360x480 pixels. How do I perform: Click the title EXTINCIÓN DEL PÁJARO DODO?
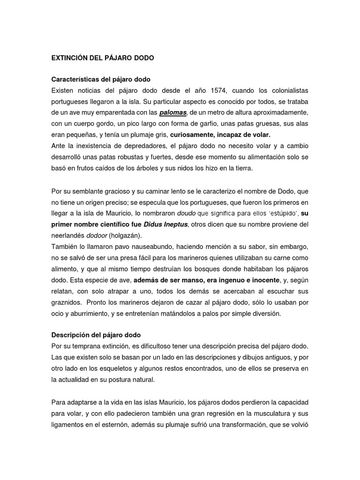102,58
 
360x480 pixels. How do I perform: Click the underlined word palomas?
173,112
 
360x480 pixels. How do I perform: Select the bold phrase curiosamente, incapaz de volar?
220,135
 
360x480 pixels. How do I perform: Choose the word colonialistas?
287,90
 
